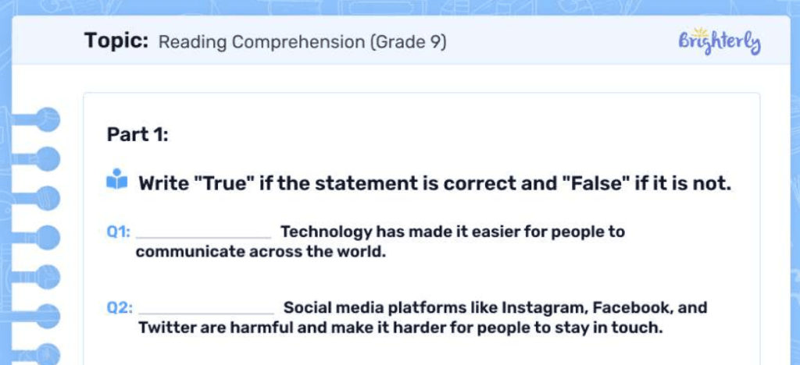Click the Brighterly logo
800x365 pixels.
pos(719,42)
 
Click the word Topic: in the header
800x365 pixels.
pos(116,41)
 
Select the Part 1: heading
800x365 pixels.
pos(137,135)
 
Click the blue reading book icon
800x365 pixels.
pos(116,180)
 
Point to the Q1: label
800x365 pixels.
pos(119,232)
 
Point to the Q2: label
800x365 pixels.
pos(120,307)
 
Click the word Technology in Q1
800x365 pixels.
pos(326,232)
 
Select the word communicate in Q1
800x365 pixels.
pos(190,252)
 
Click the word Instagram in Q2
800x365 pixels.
pos(544,307)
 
